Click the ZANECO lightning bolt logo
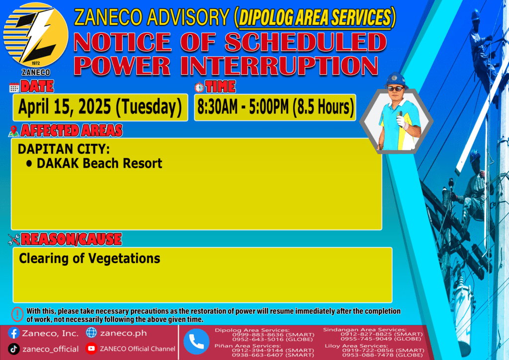36,35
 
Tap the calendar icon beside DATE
14,88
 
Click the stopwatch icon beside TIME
199,88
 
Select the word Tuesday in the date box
149,107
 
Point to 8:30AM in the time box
218,107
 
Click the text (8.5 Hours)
323,107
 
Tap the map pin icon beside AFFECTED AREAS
13,131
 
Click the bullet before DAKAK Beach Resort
29,164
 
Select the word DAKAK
58,163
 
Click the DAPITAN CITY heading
64,149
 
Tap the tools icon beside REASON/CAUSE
14,240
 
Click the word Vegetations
124,259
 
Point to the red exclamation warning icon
17,314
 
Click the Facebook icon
14,333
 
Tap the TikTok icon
13,349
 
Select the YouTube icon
91,348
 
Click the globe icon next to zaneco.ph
91,333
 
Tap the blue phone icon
196,342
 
